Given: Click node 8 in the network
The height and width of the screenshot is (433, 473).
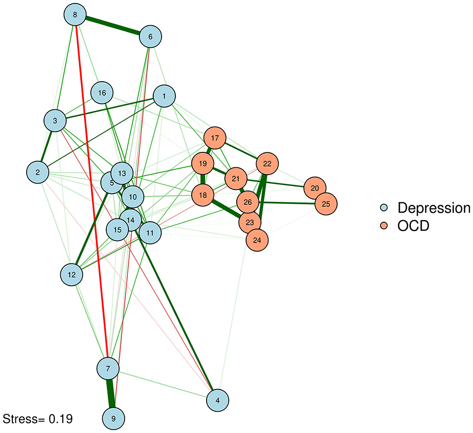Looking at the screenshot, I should tap(75, 15).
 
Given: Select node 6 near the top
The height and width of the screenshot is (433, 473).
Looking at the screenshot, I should tap(150, 37).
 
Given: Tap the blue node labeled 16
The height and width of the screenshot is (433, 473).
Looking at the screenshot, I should tap(102, 93).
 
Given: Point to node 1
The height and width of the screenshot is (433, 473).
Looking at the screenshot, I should tap(166, 96).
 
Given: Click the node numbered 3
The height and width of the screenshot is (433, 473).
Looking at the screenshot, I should tap(55, 121).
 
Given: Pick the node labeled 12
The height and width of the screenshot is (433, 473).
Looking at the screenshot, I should tap(72, 275).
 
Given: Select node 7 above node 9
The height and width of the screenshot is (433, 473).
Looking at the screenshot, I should tap(108, 368).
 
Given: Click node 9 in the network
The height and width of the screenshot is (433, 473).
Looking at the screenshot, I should tap(114, 419).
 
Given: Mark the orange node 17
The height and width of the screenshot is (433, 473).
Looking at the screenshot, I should tap(215, 138).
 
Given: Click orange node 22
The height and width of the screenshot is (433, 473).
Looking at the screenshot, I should tap(267, 163).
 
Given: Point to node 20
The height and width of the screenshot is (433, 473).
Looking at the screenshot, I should tap(315, 188).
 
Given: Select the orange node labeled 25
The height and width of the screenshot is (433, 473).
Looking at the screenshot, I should tap(326, 204).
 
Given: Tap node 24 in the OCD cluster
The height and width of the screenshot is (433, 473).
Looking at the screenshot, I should tap(257, 241).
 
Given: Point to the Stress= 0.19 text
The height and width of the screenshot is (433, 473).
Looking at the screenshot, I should tap(38, 419).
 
